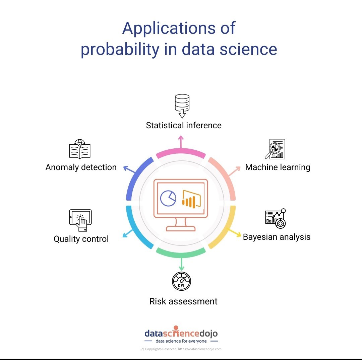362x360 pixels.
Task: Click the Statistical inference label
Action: click(184, 126)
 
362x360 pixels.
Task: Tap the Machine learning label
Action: click(278, 167)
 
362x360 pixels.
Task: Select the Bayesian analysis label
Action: click(277, 237)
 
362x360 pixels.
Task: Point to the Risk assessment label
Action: click(183, 301)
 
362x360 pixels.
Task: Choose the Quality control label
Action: click(81, 239)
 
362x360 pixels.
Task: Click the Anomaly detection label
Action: click(81, 167)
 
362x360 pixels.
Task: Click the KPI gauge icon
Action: click(181, 281)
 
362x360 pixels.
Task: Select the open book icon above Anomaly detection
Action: click(80, 149)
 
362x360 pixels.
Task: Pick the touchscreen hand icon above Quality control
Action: click(80, 220)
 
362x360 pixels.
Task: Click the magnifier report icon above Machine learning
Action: click(275, 149)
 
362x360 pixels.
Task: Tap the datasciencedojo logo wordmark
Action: click(181, 334)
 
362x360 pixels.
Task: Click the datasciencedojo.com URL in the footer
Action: click(200, 349)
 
